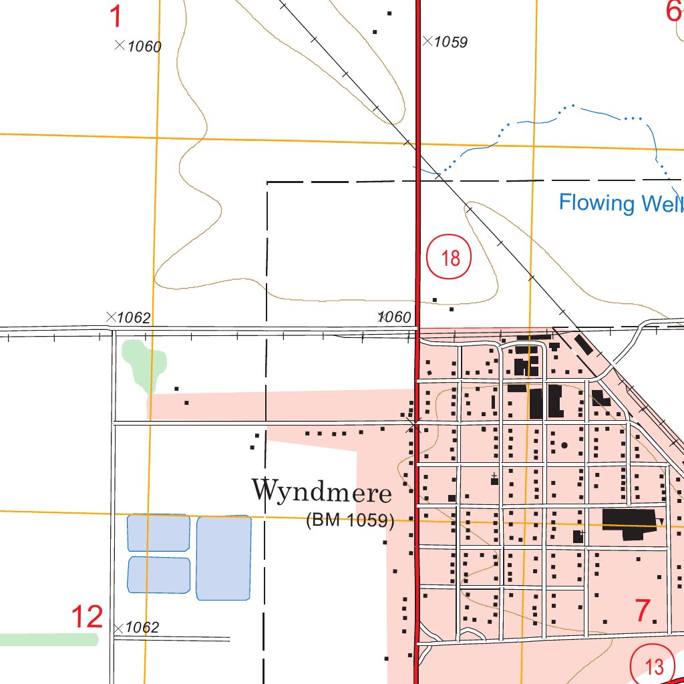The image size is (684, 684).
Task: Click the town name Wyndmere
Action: pyautogui.click(x=321, y=492)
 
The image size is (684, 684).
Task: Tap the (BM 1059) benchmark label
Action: pyautogui.click(x=350, y=520)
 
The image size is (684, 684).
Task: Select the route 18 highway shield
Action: pyautogui.click(x=450, y=258)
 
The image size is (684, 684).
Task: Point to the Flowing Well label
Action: pyautogui.click(x=621, y=202)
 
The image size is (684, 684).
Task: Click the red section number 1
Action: pyautogui.click(x=116, y=16)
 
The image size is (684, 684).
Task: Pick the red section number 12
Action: pyautogui.click(x=88, y=617)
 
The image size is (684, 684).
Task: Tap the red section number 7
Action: pyautogui.click(x=642, y=611)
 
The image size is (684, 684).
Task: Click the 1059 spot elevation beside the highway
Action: pyautogui.click(x=450, y=42)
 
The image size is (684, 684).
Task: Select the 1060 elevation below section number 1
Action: pyautogui.click(x=144, y=46)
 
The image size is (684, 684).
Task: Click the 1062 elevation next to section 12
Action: pyautogui.click(x=142, y=627)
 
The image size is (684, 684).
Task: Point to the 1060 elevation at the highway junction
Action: pyautogui.click(x=394, y=317)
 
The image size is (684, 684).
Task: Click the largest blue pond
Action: pyautogui.click(x=224, y=558)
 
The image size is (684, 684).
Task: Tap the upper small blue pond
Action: pyautogui.click(x=158, y=533)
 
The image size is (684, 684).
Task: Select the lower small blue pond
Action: pyautogui.click(x=158, y=574)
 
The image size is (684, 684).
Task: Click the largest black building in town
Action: pyautogui.click(x=629, y=521)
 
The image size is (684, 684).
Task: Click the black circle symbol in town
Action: pyautogui.click(x=564, y=445)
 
